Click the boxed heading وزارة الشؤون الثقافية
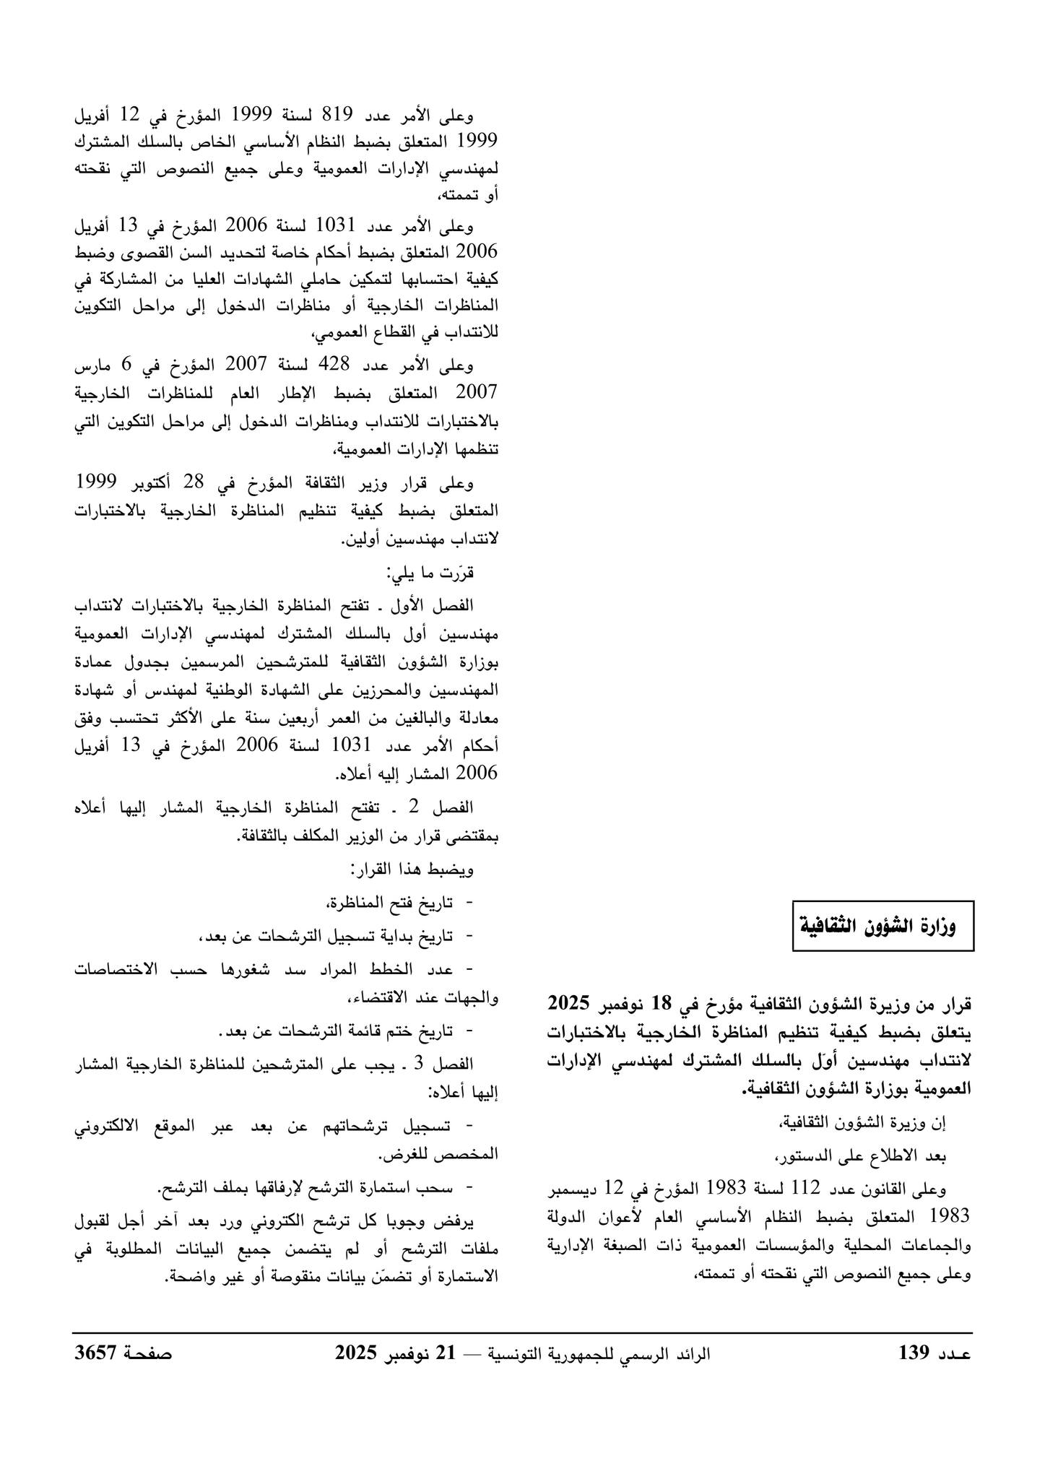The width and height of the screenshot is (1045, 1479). (x=883, y=925)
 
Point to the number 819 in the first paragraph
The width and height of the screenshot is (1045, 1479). (x=337, y=113)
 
